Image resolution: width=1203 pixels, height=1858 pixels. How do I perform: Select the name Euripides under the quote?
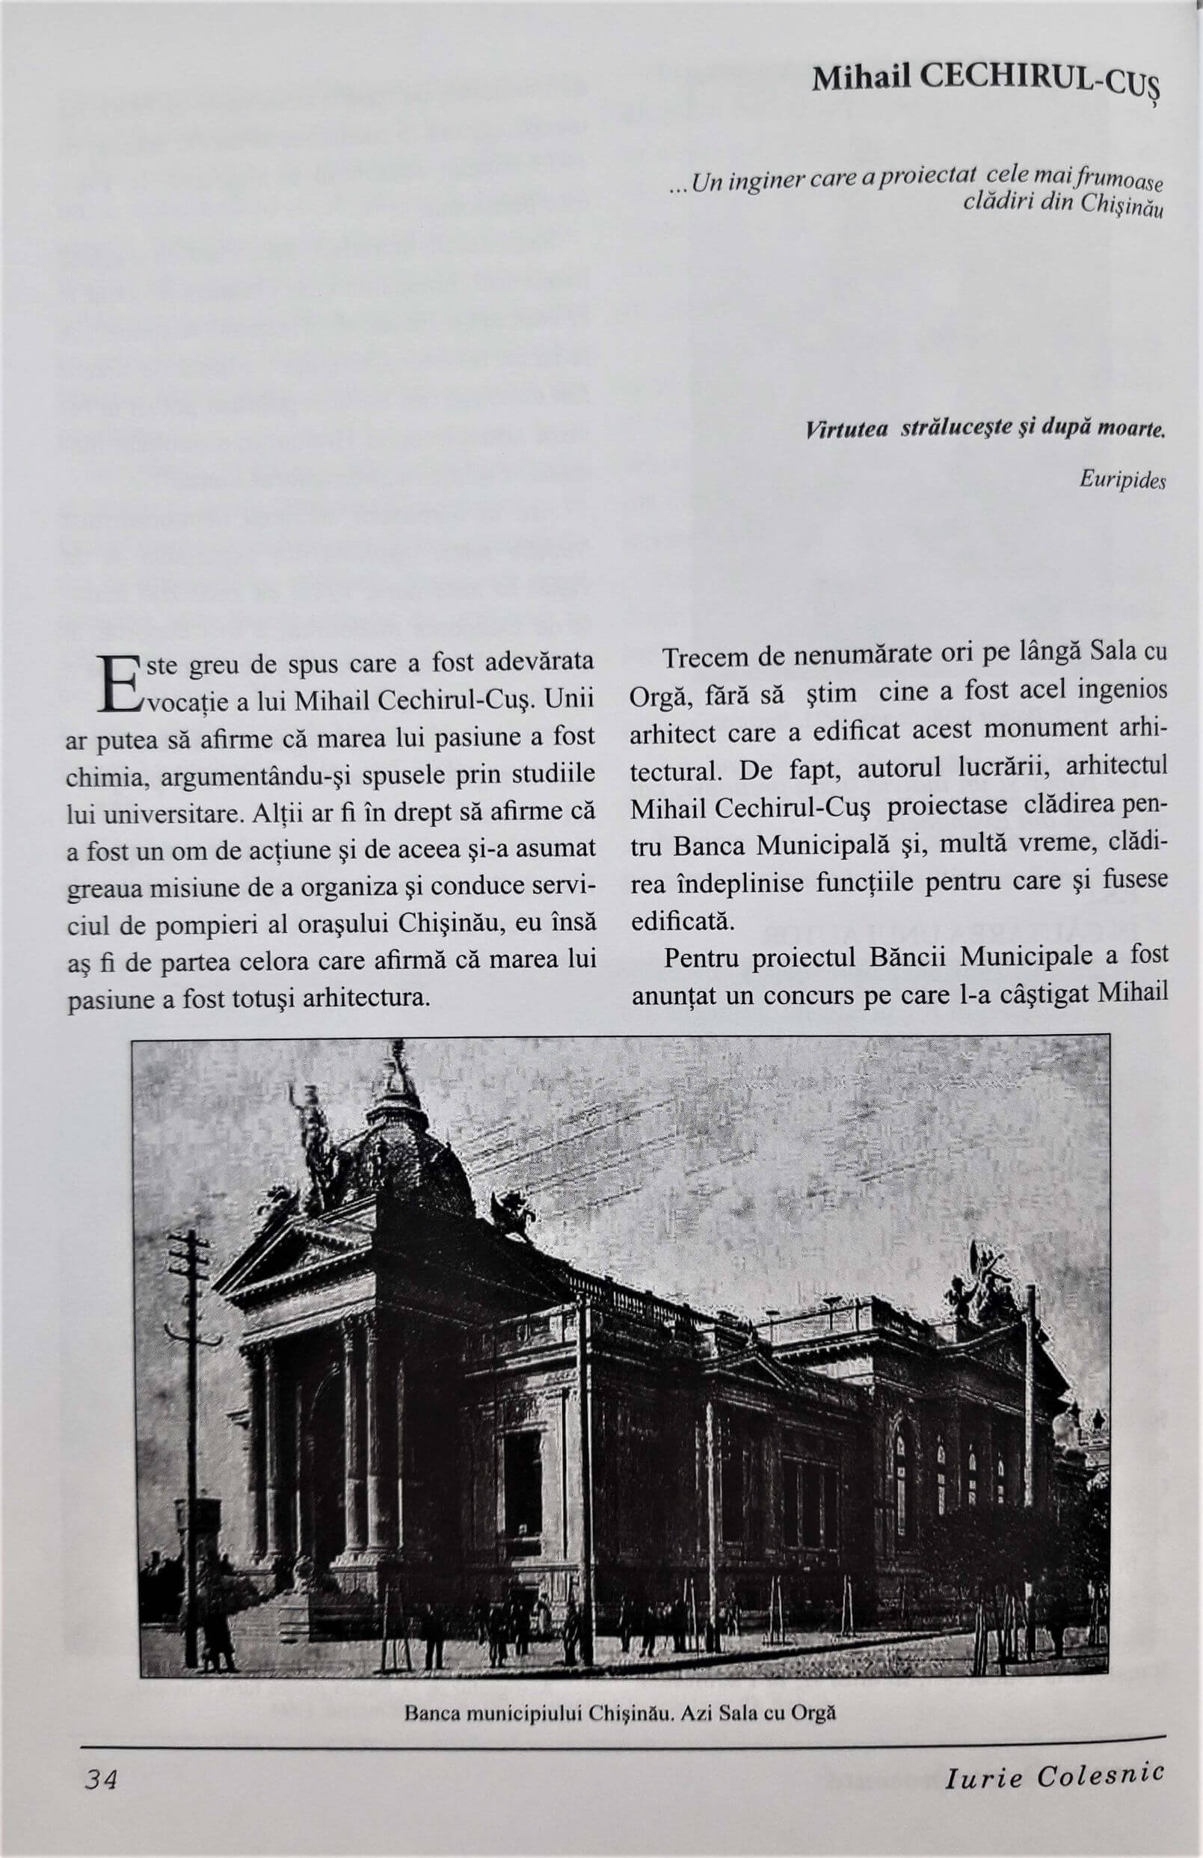(1122, 480)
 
